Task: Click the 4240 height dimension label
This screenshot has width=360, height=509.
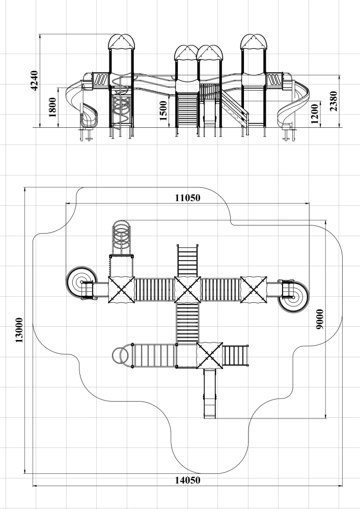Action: [35, 80]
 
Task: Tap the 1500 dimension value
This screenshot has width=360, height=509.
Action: [163, 110]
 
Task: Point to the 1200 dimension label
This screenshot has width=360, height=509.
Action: [315, 114]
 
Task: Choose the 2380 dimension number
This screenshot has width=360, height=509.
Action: [334, 101]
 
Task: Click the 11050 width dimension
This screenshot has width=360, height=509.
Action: [187, 197]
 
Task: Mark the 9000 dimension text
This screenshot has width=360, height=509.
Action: [320, 320]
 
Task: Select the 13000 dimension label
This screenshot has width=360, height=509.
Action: [19, 330]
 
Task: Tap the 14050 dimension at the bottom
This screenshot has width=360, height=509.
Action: [187, 480]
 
